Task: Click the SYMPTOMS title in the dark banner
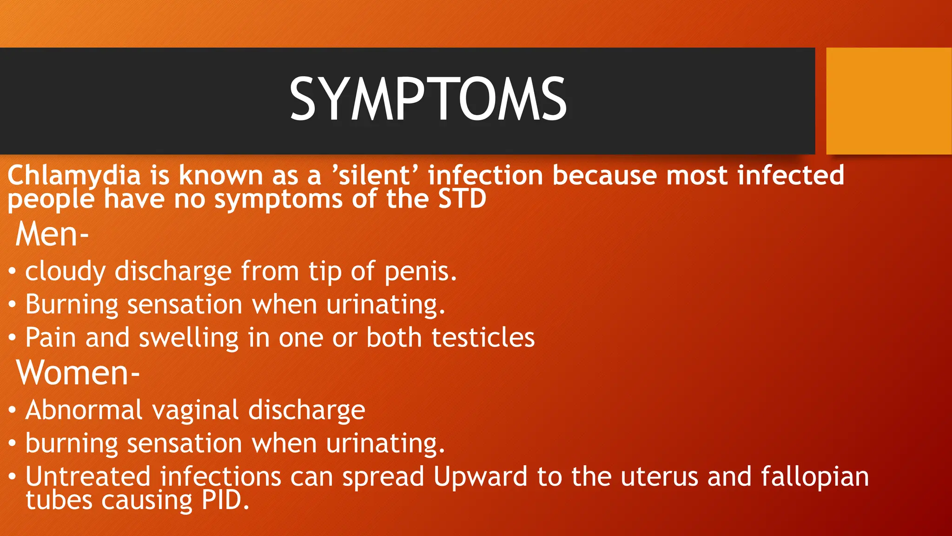tap(428, 99)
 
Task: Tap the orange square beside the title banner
tap(888, 101)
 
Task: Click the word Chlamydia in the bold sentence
tap(74, 176)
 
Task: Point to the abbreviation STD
tap(462, 199)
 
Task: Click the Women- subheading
tap(78, 373)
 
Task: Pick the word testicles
tap(483, 337)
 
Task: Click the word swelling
tap(189, 338)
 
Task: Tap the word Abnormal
tap(84, 410)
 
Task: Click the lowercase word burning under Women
tap(72, 443)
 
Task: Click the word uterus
tap(659, 477)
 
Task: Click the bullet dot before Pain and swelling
tap(13, 338)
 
